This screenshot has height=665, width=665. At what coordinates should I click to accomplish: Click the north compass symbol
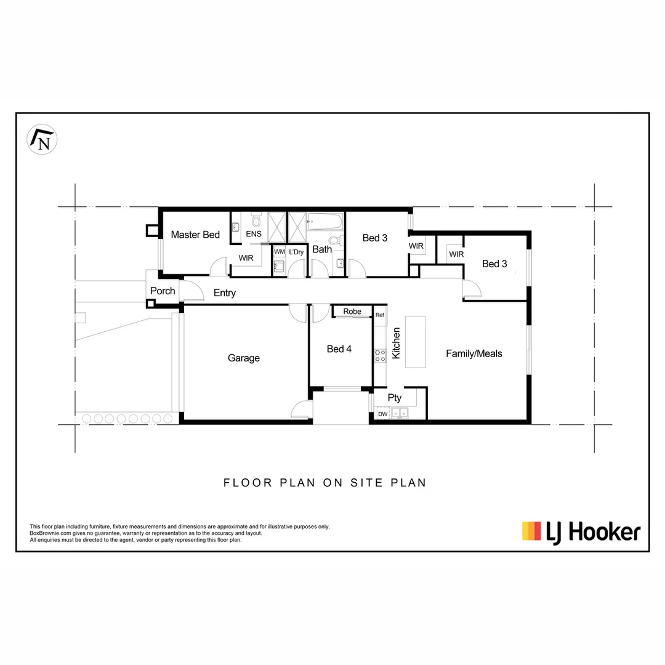[x=42, y=139]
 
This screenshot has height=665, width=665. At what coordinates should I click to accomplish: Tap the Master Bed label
[x=195, y=235]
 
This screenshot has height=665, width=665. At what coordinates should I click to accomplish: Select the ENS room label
[x=254, y=235]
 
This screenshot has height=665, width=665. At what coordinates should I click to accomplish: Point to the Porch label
[x=163, y=291]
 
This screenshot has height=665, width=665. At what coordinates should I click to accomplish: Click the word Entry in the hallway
[x=225, y=293]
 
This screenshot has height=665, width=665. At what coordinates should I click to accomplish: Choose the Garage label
[x=244, y=358]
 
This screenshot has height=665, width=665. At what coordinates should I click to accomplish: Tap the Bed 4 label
[x=339, y=349]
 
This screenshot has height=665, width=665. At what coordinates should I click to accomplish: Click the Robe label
[x=352, y=312]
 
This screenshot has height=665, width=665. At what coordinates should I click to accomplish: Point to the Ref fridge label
[x=379, y=315]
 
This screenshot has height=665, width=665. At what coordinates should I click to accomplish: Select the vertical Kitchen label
[x=397, y=343]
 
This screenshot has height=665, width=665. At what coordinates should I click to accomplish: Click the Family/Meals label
[x=474, y=353]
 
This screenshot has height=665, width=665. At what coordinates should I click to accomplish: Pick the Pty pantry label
[x=395, y=398]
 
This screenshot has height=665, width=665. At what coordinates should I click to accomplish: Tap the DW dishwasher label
[x=382, y=414]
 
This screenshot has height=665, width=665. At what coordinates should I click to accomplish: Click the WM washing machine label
[x=279, y=252]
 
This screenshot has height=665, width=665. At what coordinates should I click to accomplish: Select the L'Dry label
[x=296, y=252]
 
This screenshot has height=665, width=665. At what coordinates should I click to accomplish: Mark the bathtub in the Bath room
[x=325, y=221]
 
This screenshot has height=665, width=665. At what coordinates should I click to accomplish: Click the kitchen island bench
[x=415, y=342]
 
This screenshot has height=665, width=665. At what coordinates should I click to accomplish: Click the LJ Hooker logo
[x=581, y=531]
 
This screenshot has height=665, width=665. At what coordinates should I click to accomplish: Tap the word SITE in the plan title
[x=363, y=483]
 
